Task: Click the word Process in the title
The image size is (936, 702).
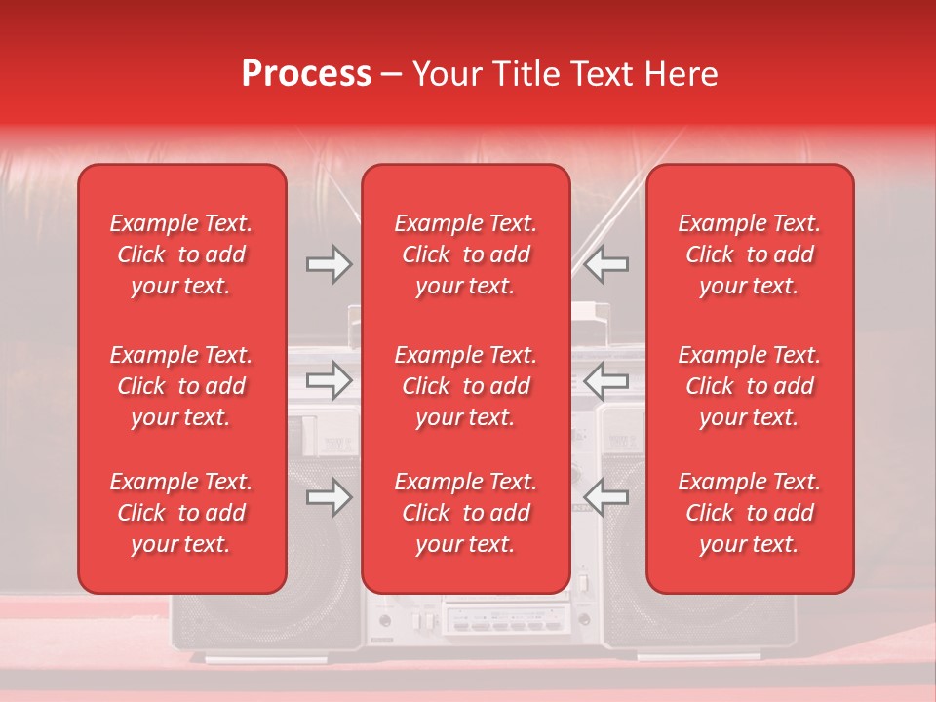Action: [306, 74]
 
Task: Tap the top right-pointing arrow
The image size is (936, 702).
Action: [329, 264]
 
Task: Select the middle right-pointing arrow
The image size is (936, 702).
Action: [329, 380]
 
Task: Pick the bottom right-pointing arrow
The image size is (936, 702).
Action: [329, 498]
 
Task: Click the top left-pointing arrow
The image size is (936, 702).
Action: [606, 264]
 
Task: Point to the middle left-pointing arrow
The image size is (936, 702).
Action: [606, 380]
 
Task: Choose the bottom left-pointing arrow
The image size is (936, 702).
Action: [606, 498]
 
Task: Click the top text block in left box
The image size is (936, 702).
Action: [181, 254]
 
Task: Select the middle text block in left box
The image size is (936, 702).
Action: [181, 386]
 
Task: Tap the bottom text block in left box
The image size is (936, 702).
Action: [181, 513]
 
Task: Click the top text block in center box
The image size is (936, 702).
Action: [466, 254]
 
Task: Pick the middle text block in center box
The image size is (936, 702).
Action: [466, 386]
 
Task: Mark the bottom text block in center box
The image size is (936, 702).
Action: [466, 513]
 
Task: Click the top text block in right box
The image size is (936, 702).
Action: [750, 254]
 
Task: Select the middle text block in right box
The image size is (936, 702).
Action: [750, 386]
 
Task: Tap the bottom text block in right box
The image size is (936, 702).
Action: [750, 513]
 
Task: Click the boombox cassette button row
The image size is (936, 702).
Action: [507, 620]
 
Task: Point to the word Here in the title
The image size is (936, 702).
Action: [680, 74]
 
